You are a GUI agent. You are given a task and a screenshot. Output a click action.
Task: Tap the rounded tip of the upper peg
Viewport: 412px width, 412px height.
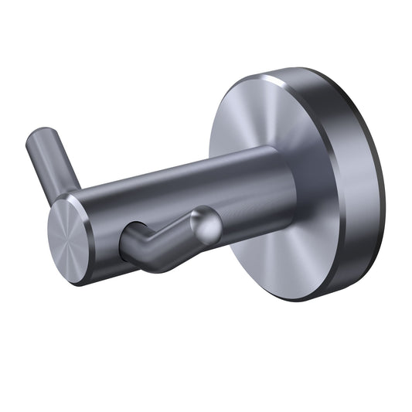pyautogui.click(x=36, y=140)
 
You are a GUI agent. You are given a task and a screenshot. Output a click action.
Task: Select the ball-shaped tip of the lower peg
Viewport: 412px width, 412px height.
pyautogui.click(x=206, y=223)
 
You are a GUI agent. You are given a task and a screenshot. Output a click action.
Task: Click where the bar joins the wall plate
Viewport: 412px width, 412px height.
pyautogui.click(x=291, y=189)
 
